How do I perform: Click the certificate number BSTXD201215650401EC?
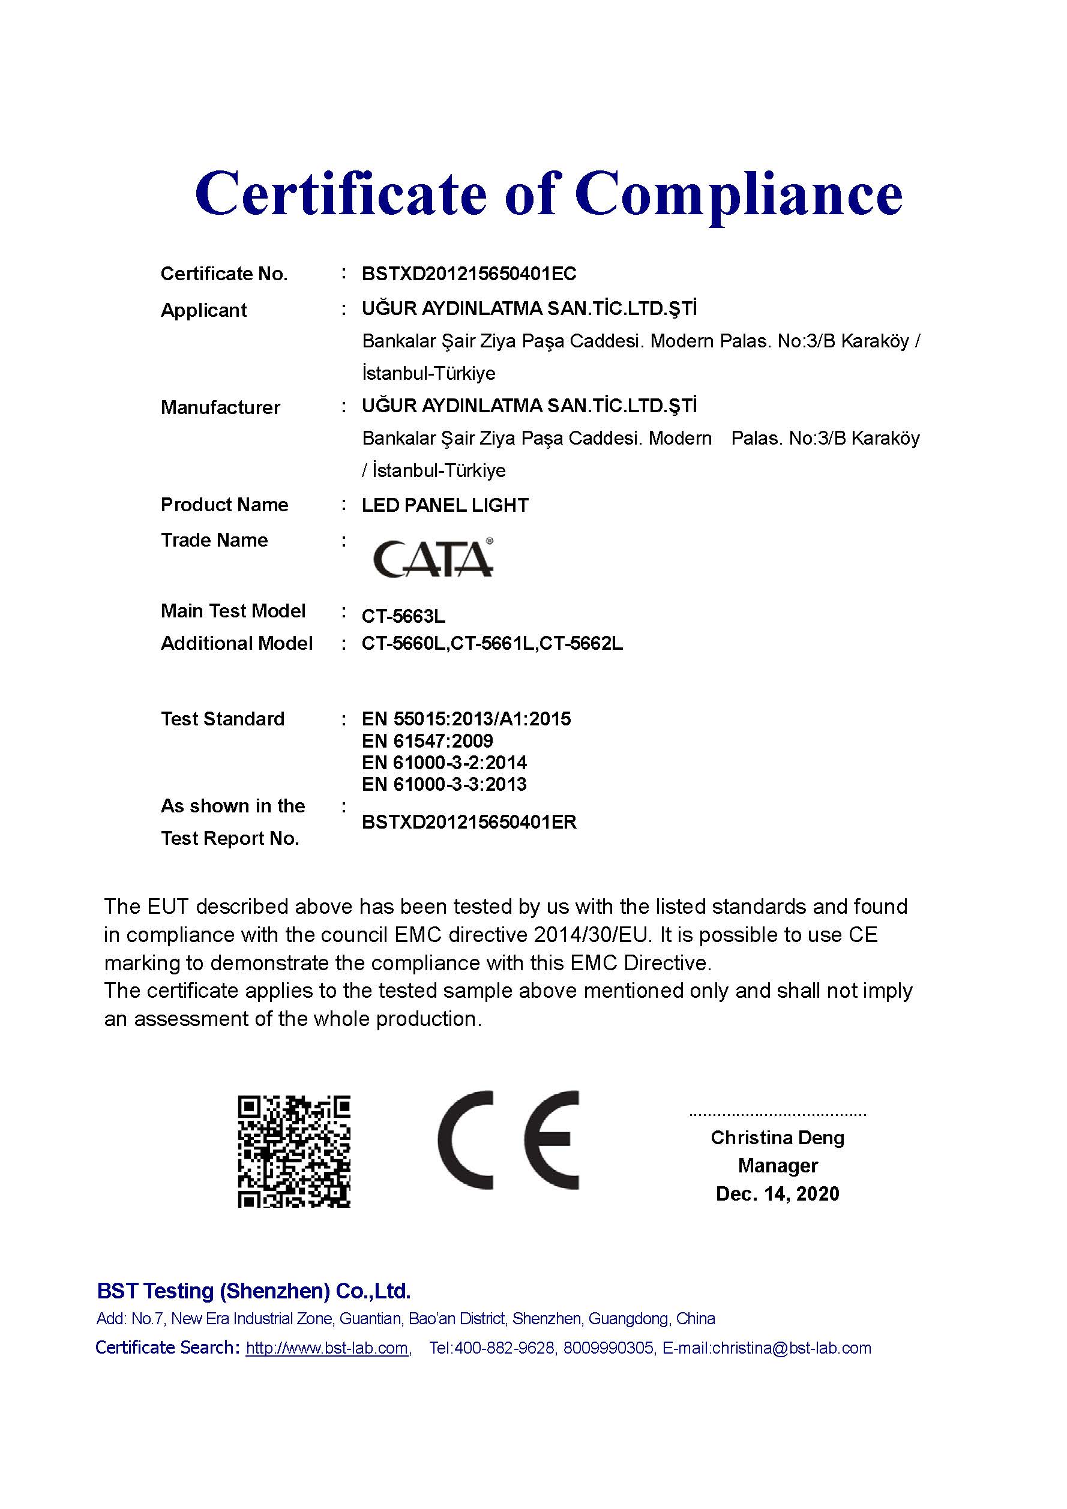469,274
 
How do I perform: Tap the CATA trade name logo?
433,558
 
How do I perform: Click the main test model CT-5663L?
403,616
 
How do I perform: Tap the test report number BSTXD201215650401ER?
469,822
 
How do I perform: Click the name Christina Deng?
777,1137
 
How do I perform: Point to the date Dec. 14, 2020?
777,1193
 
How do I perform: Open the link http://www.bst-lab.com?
328,1348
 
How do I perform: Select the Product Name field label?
224,505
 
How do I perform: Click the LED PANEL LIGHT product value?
445,505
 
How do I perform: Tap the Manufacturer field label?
220,407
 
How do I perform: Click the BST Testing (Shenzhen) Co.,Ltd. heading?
254,1291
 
